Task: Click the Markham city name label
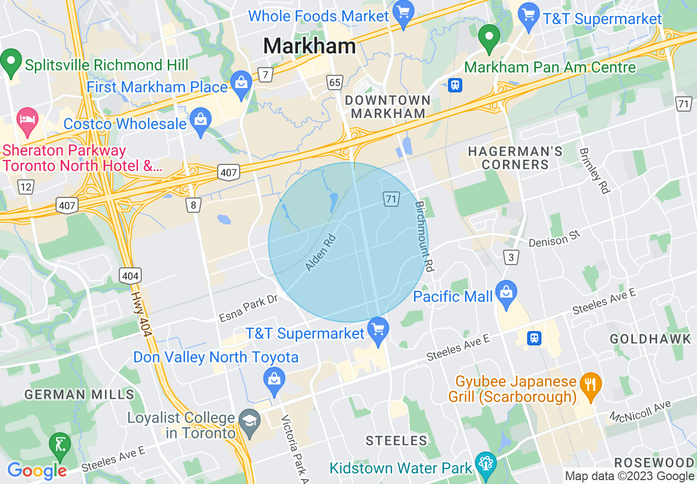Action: pos(309,46)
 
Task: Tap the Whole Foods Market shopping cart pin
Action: pos(404,15)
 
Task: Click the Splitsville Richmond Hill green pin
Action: pos(11,62)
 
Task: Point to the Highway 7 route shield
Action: pos(265,75)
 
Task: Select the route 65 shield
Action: pos(334,83)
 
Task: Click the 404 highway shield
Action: pos(131,275)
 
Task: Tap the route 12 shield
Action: pos(25,188)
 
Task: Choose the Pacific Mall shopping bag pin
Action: pos(506,295)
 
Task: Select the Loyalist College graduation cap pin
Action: pos(250,424)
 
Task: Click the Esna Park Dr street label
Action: pos(248,310)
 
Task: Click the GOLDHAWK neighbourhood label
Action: pos(650,339)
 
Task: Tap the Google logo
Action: pos(36,471)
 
